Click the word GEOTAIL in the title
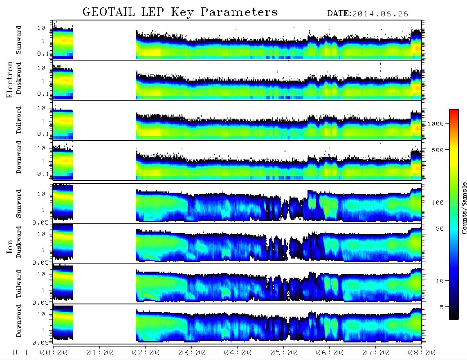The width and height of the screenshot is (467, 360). click(109, 12)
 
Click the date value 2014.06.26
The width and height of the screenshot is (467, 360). click(380, 14)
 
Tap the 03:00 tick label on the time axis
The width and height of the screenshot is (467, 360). click(192, 353)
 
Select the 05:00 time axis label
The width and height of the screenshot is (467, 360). click(284, 353)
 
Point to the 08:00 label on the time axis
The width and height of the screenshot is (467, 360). click(422, 353)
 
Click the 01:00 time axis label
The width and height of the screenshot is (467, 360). click(100, 353)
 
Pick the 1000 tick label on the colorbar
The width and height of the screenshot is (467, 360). click(436, 124)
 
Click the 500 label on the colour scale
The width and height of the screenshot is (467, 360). click(438, 150)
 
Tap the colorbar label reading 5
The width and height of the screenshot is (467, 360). click(442, 307)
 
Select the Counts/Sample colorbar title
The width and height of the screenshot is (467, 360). click(464, 208)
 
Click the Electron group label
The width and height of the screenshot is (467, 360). click(9, 79)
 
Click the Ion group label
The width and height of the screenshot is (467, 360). click(9, 246)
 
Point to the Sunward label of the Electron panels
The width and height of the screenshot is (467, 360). click(19, 40)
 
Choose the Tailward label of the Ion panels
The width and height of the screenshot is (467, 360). click(19, 284)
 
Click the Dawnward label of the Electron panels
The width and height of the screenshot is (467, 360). click(19, 157)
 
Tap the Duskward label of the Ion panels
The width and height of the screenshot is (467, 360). click(19, 242)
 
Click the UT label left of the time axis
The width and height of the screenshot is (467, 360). click(20, 353)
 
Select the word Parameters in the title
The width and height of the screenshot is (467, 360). click(239, 12)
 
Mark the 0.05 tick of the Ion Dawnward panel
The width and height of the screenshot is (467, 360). click(42, 343)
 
